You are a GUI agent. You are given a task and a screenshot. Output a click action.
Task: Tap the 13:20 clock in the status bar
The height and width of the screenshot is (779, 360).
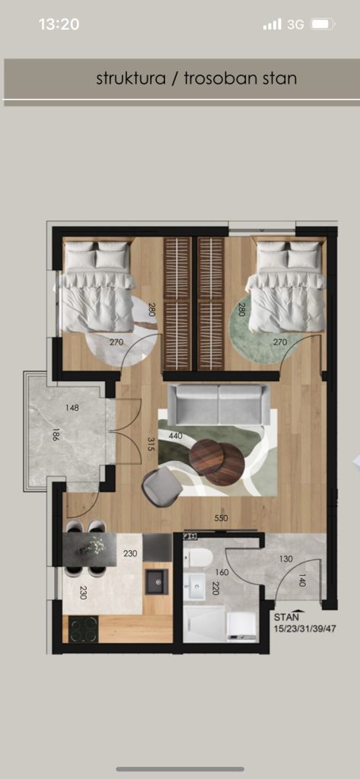coord(59,24)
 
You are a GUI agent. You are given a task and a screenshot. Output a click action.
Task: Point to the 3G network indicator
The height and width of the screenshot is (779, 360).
coord(295,24)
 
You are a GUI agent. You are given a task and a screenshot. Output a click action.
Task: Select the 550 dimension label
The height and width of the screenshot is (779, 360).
coord(221,518)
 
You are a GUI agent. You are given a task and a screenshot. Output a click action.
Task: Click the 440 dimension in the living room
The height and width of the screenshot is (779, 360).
coord(176,436)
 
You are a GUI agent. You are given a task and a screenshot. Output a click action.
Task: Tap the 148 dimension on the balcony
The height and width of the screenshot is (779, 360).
coord(72,408)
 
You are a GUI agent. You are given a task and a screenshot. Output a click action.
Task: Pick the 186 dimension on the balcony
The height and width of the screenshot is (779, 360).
coord(56,437)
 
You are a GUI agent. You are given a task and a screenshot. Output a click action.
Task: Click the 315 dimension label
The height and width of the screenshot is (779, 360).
coord(151,444)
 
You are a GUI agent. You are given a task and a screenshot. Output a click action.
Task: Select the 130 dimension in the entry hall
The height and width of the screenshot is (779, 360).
coord(286,559)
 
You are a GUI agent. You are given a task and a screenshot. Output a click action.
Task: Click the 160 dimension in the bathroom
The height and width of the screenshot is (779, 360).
coord(221,572)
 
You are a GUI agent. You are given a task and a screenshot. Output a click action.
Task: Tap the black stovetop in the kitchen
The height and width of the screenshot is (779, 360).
coord(84,628)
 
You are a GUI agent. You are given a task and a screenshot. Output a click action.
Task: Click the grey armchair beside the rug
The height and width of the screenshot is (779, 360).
coord(162,488)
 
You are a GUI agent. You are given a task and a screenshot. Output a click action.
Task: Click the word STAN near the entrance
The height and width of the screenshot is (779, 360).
coord(287,617)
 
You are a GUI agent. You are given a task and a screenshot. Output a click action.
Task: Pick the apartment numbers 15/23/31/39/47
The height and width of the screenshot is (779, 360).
coord(305,628)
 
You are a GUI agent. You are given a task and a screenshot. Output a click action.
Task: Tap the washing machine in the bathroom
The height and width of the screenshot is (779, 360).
coord(242,627)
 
